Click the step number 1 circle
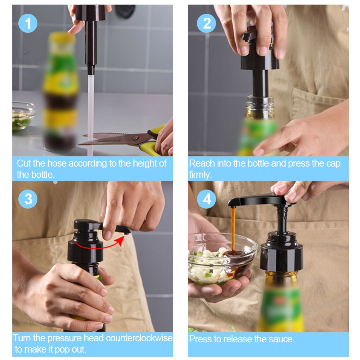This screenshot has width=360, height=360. point(28,23)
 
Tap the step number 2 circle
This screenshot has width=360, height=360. point(207,23)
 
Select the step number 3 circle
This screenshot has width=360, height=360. point(28,199)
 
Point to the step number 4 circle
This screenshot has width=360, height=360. point(207,199)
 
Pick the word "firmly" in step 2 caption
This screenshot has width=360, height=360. point(200,175)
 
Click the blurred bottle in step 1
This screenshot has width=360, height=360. point(60,92)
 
